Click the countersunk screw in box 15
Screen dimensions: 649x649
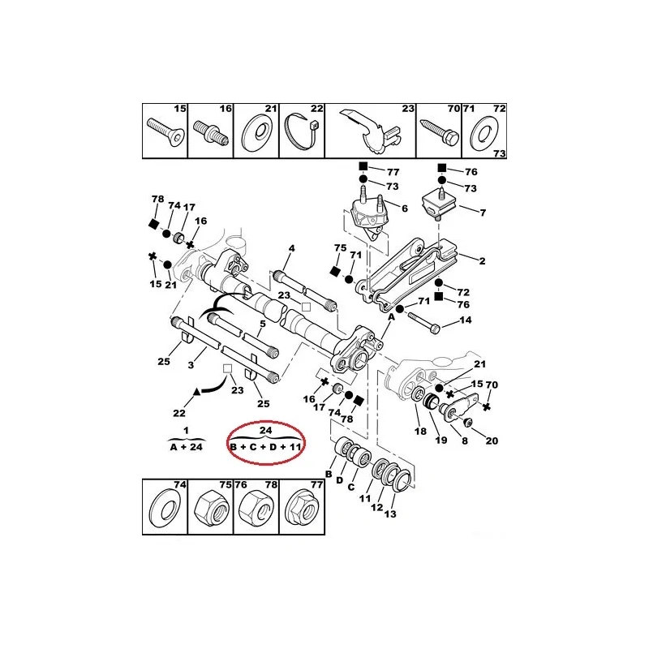(x=165, y=132)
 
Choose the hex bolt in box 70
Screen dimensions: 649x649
(x=439, y=132)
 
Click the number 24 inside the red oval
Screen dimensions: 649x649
(x=266, y=430)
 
